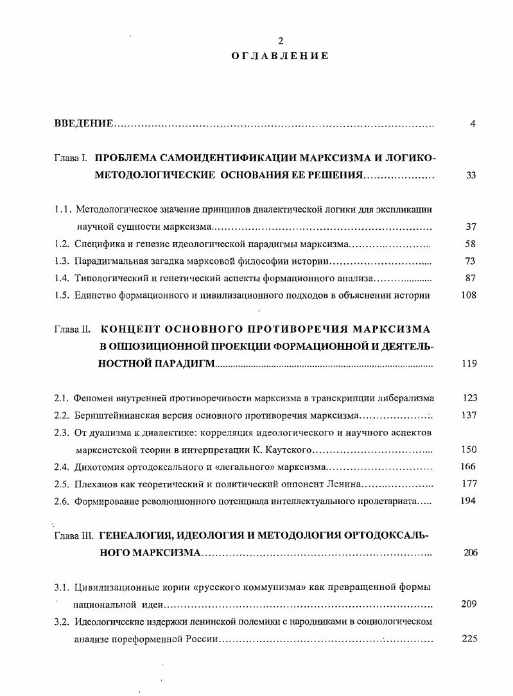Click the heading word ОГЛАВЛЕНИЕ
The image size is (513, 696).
(x=280, y=56)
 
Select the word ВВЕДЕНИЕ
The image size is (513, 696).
(x=83, y=124)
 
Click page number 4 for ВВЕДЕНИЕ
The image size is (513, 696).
(x=472, y=124)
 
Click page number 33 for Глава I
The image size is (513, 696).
(x=471, y=175)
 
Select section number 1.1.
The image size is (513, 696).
(x=63, y=209)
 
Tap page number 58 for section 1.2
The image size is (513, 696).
(x=470, y=244)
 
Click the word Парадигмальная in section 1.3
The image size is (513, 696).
(x=107, y=261)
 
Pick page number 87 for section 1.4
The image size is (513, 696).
(x=470, y=279)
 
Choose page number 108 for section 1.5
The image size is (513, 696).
(x=469, y=296)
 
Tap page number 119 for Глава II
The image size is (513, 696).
(x=469, y=364)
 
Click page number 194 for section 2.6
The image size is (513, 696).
(x=469, y=501)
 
